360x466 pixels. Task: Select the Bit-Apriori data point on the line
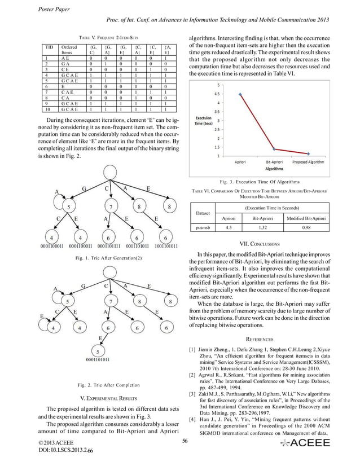273,149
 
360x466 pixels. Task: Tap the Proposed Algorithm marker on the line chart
308,153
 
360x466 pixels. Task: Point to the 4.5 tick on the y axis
217,94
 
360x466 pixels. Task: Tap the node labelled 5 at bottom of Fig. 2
98,350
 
